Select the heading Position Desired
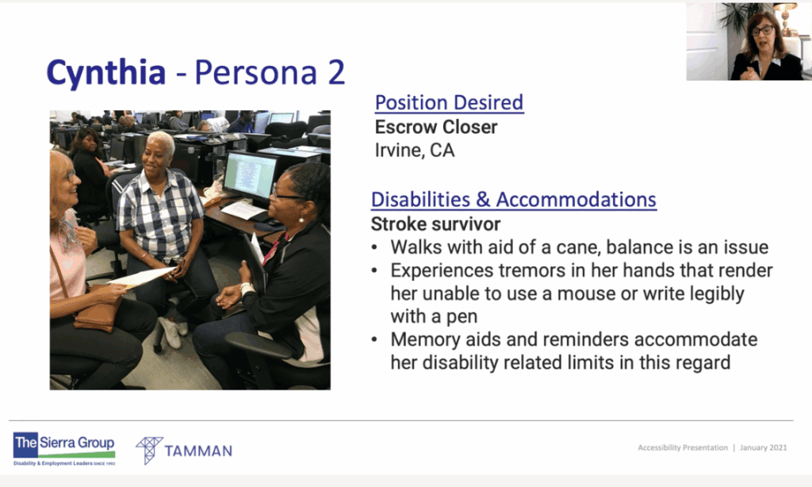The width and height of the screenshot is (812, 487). (x=449, y=102)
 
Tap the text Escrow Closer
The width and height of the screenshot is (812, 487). (x=436, y=127)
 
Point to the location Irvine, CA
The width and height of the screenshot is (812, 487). (x=415, y=151)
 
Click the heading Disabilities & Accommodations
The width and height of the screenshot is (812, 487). (x=514, y=199)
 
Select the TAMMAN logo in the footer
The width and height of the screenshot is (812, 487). (x=184, y=451)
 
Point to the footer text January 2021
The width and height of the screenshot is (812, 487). (x=764, y=448)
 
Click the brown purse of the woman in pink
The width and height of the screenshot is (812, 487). (x=96, y=315)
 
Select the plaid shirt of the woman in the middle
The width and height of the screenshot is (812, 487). (x=161, y=220)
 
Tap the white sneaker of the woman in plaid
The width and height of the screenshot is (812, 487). (x=169, y=332)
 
